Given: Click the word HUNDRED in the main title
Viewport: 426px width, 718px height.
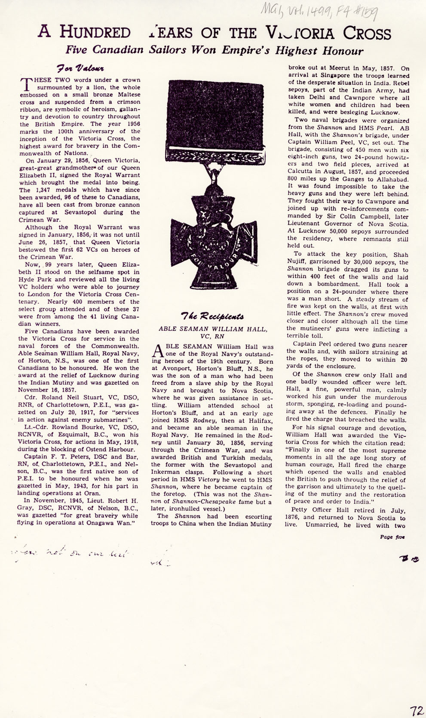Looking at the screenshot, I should pos(95,33).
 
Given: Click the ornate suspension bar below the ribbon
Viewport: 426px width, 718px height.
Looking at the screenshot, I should pos(214,154).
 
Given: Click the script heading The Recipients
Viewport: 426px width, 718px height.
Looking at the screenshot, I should pos(212,317).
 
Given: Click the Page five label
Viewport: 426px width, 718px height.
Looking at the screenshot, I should pos(392,537).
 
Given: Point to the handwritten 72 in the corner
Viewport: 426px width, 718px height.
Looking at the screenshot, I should pos(416,699).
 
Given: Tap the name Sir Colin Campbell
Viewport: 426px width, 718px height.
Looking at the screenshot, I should pos(339,217).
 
